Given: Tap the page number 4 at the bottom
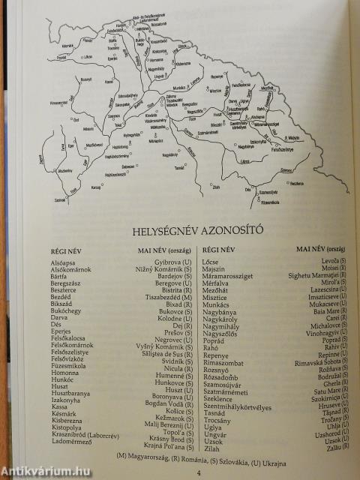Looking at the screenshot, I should click(x=198, y=472).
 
